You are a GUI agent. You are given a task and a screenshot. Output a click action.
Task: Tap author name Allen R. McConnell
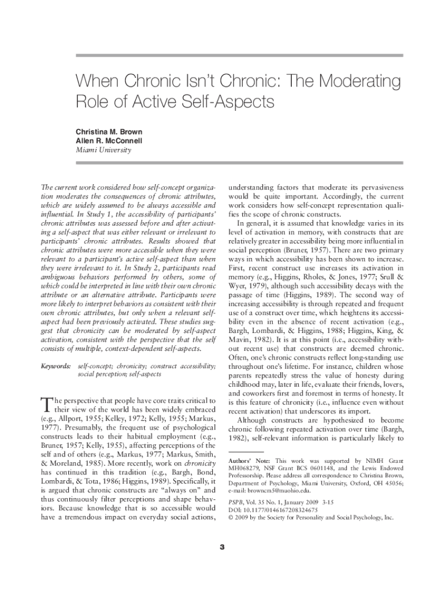109,140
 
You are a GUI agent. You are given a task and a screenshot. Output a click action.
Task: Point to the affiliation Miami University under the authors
104,150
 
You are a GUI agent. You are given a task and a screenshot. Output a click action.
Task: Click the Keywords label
56,366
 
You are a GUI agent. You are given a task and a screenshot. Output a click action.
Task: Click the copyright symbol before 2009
231,518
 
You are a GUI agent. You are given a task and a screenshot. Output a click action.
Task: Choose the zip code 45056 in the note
391,482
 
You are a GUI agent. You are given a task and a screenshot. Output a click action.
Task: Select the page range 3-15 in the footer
330,501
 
